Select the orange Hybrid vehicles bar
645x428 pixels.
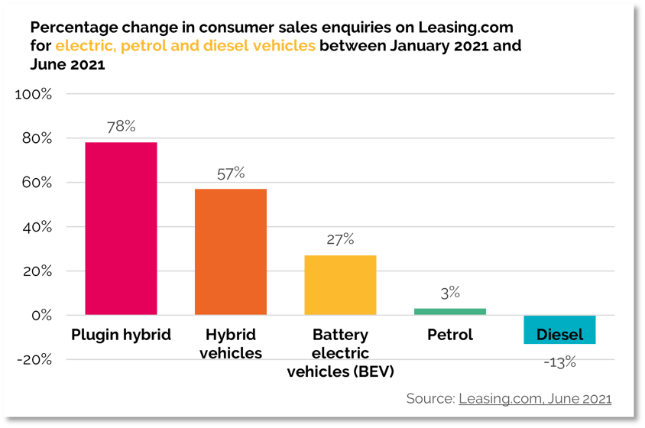coord(230,251)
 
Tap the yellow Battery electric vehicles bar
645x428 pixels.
coord(340,284)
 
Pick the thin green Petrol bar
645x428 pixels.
coord(449,311)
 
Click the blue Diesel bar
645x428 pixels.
coord(559,329)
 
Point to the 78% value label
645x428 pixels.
coord(121,128)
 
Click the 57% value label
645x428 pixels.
coord(230,174)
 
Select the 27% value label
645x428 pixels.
coord(340,240)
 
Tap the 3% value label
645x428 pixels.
coord(450,293)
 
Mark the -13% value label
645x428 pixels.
coord(559,362)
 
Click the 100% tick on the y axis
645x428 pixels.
coord(33,95)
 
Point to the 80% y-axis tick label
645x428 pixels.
coord(36,139)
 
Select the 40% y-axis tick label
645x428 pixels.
coord(36,227)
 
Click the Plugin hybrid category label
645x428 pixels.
coord(121,335)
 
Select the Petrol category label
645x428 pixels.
coord(450,335)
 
